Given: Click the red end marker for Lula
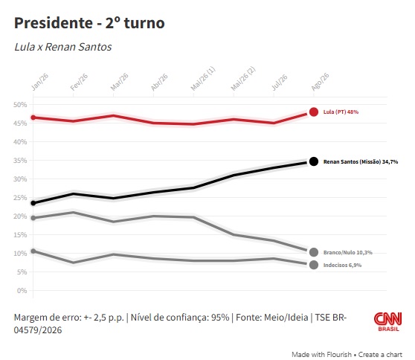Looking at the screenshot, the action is click(x=314, y=112).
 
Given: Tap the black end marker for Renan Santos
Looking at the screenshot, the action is click(x=314, y=161).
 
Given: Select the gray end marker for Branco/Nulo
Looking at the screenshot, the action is click(x=314, y=252).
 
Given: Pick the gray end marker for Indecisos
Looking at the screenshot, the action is click(x=314, y=265).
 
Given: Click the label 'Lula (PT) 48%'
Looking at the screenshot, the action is click(x=341, y=112).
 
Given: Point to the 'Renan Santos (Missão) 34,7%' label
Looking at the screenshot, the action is click(x=361, y=161).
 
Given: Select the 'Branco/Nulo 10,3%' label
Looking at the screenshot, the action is click(x=348, y=253).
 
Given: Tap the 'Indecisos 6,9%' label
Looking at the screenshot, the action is click(x=342, y=266).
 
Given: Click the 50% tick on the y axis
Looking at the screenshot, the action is click(x=20, y=105).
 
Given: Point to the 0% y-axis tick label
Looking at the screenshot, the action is click(x=22, y=291).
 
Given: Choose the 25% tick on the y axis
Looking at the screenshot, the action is click(x=20, y=198).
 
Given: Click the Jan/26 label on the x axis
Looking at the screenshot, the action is click(x=39, y=82).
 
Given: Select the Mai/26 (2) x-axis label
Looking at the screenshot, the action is click(x=243, y=79).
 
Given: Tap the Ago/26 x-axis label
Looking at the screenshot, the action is click(x=320, y=82).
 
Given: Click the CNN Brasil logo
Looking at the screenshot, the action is click(x=388, y=321).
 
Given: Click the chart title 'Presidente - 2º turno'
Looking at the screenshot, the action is click(x=89, y=23).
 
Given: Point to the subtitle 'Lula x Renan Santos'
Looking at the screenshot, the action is click(x=63, y=47).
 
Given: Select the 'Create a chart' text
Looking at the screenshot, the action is click(x=380, y=355).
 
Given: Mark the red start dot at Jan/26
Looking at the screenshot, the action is click(x=33, y=118).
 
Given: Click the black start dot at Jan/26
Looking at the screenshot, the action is click(x=33, y=203).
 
